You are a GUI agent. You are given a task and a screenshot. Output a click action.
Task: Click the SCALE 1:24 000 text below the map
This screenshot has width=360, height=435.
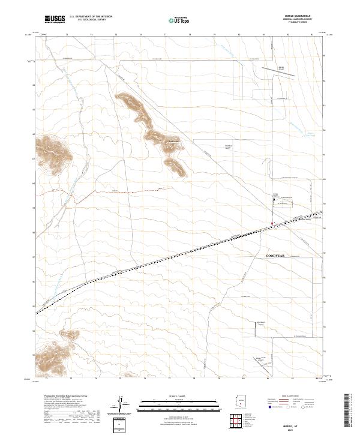[x=172, y=395]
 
